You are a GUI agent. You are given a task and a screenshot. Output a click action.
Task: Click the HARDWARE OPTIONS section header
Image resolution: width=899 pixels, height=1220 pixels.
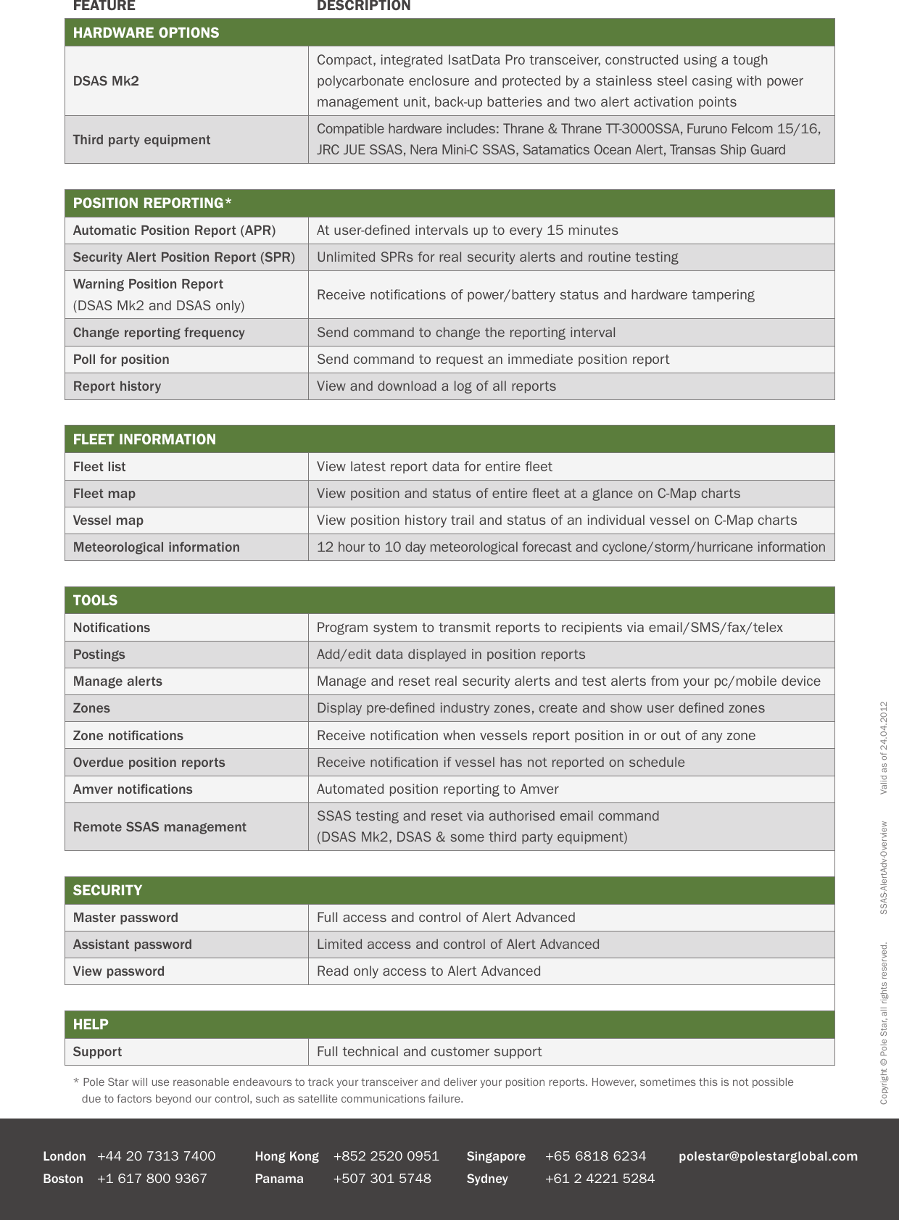(146, 33)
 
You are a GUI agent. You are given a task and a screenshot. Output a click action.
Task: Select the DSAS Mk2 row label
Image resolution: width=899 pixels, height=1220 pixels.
(106, 81)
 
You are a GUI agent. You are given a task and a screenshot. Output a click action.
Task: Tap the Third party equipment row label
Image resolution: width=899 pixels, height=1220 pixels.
(141, 140)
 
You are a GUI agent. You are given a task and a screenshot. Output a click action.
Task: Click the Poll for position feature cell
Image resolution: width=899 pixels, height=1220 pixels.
(121, 360)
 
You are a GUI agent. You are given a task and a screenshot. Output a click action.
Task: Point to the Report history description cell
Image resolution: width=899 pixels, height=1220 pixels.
(436, 386)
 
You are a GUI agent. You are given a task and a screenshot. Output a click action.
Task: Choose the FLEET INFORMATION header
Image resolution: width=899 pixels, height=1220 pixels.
(144, 439)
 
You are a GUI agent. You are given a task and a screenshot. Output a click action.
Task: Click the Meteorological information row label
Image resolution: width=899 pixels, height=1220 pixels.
(156, 547)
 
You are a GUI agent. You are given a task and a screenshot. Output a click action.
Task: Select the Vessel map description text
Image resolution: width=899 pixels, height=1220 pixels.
(556, 520)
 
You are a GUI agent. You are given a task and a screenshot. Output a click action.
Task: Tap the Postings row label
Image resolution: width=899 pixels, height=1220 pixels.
(99, 655)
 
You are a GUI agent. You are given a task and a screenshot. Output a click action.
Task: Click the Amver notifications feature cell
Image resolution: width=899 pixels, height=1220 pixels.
(133, 789)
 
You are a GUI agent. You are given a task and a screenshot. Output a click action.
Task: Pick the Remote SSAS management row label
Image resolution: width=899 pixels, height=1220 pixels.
(159, 827)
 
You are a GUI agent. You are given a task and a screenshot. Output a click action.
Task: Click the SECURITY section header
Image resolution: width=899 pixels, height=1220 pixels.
(107, 890)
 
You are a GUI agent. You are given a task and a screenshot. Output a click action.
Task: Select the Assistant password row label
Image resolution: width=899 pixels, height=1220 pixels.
(132, 945)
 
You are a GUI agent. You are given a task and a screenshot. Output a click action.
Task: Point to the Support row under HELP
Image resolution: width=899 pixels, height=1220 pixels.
(97, 1052)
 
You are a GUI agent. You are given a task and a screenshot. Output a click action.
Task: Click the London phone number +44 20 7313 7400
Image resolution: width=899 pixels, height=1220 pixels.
(156, 1156)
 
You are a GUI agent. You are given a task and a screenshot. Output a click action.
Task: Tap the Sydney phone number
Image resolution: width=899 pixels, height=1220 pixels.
(600, 1179)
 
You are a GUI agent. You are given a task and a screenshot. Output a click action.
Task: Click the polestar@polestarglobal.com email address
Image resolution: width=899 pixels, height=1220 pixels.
(768, 1156)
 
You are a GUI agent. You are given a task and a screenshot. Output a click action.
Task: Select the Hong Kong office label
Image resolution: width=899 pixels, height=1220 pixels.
(286, 1156)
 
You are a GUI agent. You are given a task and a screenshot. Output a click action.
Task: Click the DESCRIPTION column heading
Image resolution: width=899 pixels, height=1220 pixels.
(363, 6)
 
